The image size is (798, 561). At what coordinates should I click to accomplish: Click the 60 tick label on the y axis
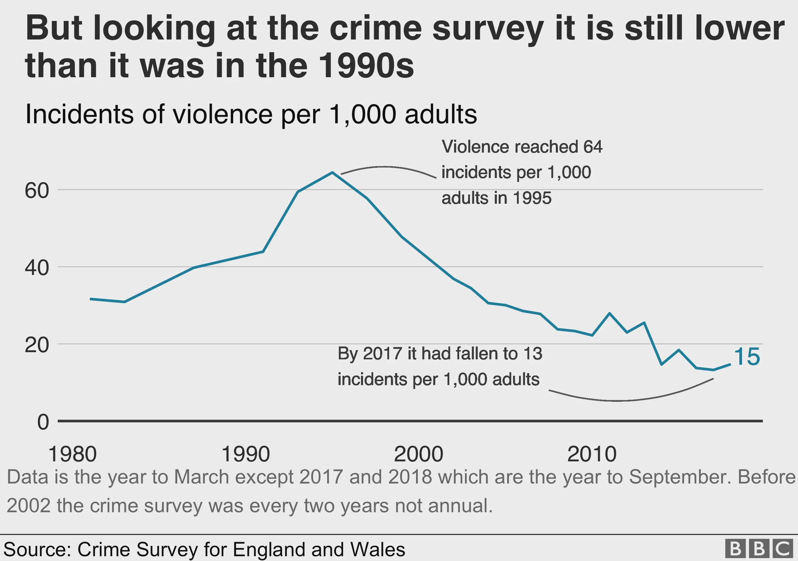tap(37, 190)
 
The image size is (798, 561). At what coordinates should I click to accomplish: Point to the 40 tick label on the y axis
tap(37, 268)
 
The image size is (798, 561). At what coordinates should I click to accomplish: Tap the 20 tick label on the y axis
tap(37, 345)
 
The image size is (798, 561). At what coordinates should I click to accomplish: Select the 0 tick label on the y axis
tap(43, 422)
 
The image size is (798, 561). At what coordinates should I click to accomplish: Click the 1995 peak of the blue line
tap(332, 172)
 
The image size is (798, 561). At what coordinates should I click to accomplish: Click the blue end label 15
tap(747, 357)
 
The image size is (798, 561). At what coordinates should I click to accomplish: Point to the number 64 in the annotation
tap(593, 147)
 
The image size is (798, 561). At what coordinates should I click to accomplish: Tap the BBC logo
tap(760, 549)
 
